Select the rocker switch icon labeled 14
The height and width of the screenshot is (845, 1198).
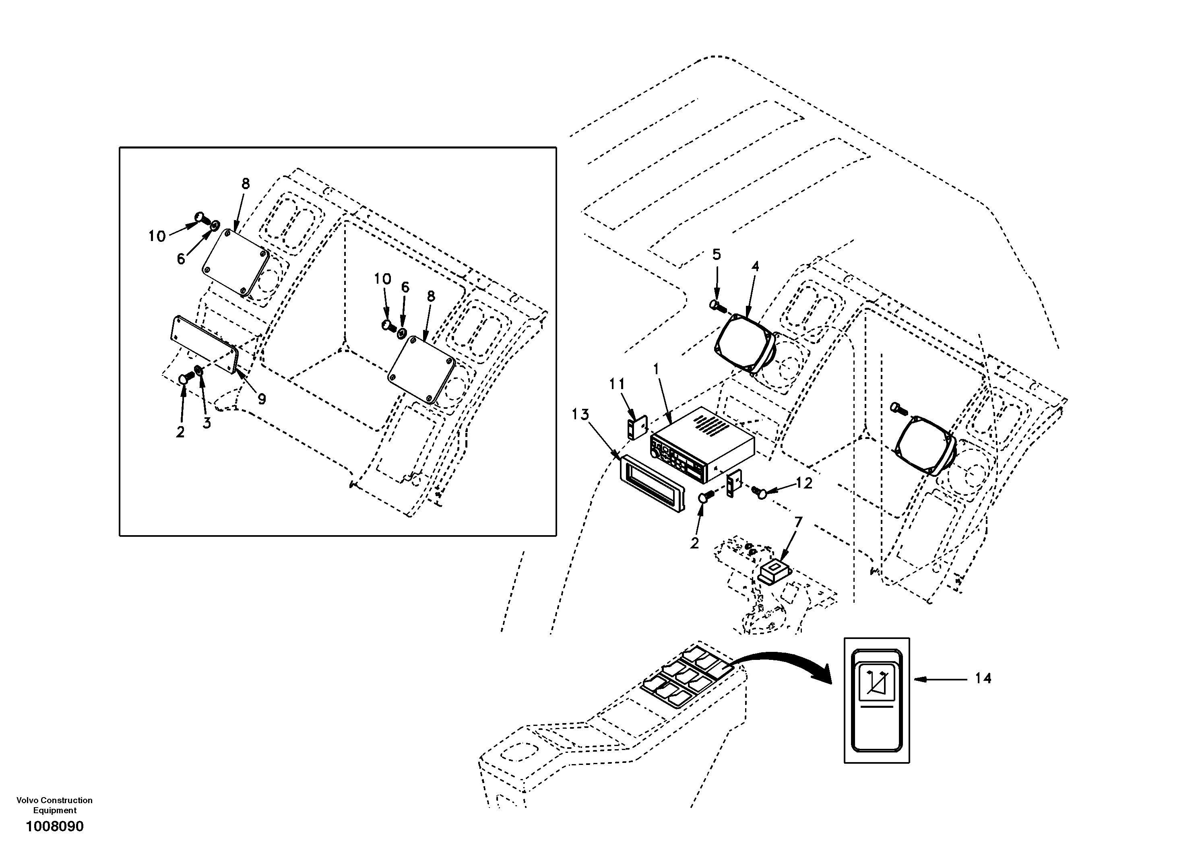coord(877,700)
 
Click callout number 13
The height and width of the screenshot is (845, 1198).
coord(580,415)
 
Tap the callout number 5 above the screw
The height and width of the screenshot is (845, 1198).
coord(717,255)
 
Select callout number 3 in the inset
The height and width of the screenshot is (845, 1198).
coord(207,423)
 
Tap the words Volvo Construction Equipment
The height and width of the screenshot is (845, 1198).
coord(54,805)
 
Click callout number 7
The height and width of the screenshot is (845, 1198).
coord(798,522)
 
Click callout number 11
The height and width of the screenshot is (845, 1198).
coord(617,384)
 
